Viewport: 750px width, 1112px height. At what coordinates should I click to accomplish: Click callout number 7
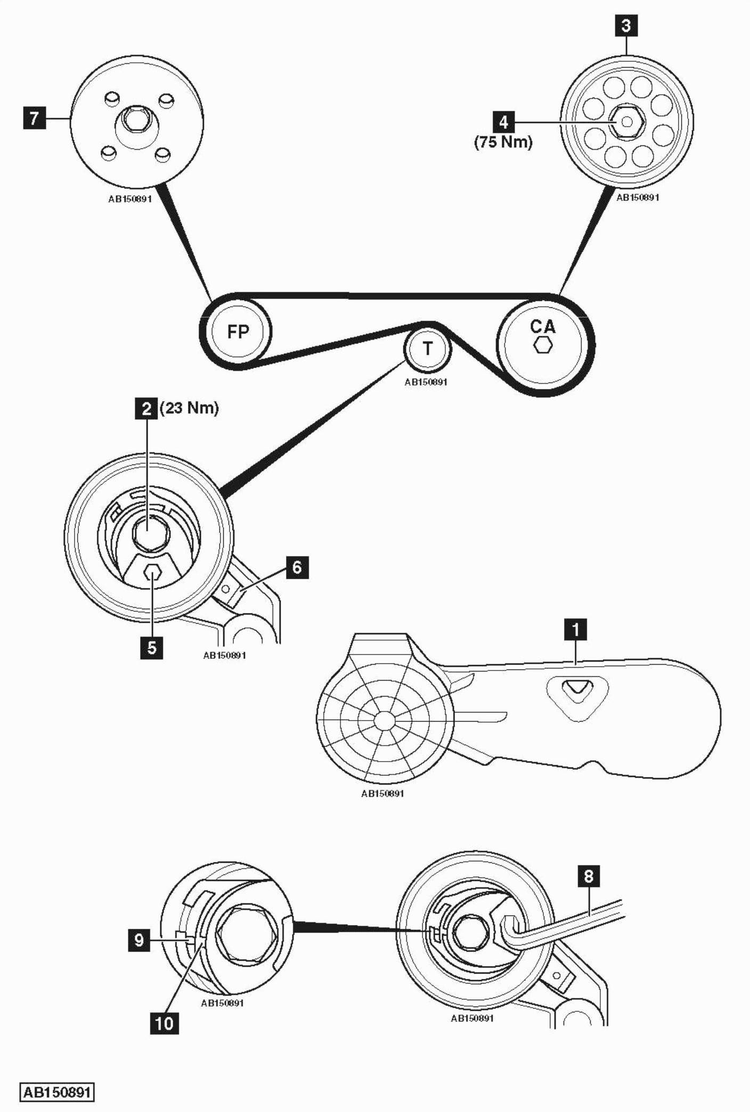point(35,118)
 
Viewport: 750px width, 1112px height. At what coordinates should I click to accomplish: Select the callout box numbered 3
point(626,25)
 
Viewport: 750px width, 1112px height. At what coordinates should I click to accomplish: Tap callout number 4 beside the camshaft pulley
point(503,122)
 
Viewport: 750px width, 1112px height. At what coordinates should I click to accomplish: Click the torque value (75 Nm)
point(503,142)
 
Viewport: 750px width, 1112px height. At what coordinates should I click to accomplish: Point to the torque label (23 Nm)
point(189,408)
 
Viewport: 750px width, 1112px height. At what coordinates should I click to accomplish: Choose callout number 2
point(146,408)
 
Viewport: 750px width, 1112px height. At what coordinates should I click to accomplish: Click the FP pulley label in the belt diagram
point(238,332)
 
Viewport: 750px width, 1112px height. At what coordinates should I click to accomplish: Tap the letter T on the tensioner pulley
point(427,349)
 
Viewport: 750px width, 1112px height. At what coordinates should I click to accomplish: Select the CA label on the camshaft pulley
point(542,326)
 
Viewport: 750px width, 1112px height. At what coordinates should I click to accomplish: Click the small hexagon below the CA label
point(543,345)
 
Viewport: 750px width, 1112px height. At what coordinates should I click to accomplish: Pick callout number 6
point(297,568)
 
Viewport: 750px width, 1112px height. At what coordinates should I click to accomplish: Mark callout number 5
point(152,648)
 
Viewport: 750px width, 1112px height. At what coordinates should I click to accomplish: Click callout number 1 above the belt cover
point(575,629)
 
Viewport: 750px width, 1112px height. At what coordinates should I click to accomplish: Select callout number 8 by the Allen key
point(589,876)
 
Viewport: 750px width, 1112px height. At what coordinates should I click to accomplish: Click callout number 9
point(139,940)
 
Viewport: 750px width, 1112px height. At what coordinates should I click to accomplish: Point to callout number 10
point(164,1023)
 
